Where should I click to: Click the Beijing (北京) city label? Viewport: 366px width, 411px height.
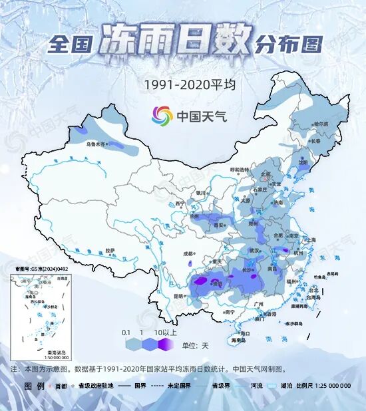coord(266,175)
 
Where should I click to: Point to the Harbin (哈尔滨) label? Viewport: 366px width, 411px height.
coord(321,123)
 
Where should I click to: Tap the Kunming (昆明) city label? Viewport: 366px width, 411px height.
coord(178,296)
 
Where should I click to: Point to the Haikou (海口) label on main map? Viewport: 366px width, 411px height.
coord(245,333)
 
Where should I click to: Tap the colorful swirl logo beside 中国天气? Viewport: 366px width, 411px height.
coord(161,116)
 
